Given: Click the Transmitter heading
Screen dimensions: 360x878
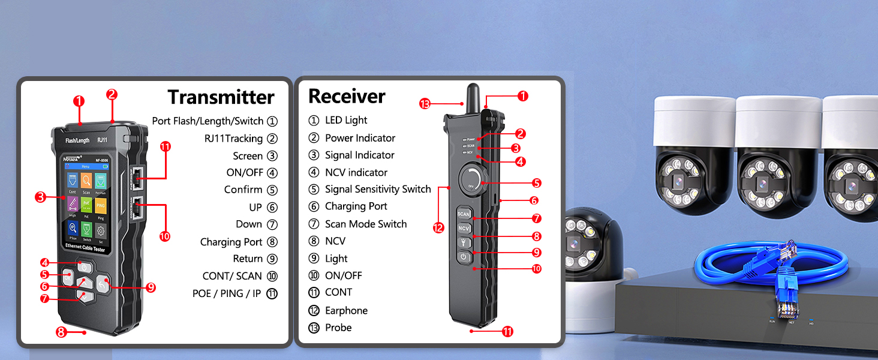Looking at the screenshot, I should click(221, 97).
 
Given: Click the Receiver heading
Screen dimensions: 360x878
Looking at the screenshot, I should click(347, 96).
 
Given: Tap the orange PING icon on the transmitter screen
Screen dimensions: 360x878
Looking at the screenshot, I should click(101, 207).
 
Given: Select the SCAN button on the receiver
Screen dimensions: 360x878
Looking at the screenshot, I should click(464, 214).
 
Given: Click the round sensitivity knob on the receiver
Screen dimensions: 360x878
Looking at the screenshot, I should click(471, 179).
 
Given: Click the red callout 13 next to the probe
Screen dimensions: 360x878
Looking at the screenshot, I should click(425, 104).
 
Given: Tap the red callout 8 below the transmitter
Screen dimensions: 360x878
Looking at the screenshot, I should click(61, 332).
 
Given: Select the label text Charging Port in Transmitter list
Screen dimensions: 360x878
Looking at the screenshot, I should click(231, 242).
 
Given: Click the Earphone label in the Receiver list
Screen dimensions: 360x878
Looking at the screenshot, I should click(346, 310).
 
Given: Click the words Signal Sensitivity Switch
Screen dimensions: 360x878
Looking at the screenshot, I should click(378, 189).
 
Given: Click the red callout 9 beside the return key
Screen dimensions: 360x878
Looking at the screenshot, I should click(151, 287).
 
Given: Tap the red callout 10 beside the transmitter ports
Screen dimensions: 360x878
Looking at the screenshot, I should click(165, 236).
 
